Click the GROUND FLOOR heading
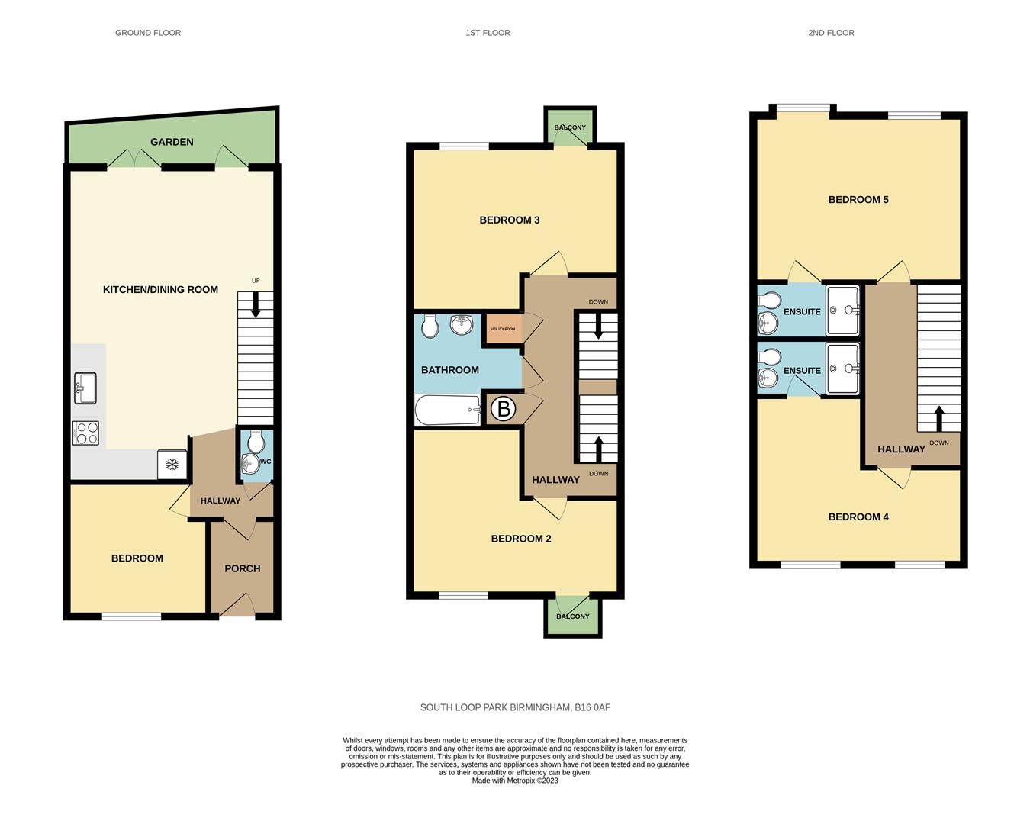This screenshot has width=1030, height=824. pos(147,33)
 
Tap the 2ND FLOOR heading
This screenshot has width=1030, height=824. pos(831,33)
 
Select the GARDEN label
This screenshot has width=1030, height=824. pos(172,142)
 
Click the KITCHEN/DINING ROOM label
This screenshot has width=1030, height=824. pos(160,290)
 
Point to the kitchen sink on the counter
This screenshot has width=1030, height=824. pos(85,388)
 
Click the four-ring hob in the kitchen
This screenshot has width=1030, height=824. pos(85,433)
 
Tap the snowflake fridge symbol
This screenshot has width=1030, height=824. pos(172,465)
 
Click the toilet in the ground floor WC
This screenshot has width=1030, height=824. pos(256,440)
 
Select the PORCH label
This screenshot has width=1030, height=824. pos(242,568)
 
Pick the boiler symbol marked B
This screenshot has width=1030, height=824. pos(503,410)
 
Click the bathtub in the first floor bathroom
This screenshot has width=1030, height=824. pos(448,410)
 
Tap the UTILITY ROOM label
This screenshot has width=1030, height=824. pos(503,329)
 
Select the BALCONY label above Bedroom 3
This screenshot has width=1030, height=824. pos(570,127)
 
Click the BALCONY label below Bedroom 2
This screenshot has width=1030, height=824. pos(572,616)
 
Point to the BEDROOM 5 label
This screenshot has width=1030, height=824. pos(858,200)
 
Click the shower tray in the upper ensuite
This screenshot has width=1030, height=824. pos(843,311)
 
